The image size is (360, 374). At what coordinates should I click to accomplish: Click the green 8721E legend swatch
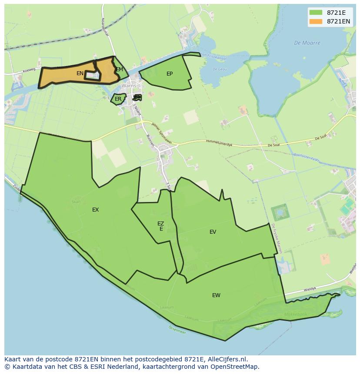click(x=316, y=13)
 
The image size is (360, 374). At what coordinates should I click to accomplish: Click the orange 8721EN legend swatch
click(x=316, y=21)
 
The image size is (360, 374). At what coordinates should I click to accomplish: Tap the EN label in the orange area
click(x=80, y=73)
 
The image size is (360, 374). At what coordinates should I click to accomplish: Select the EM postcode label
click(x=119, y=70)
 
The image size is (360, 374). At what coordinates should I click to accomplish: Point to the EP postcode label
click(x=170, y=74)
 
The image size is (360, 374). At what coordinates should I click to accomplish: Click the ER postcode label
click(x=118, y=99)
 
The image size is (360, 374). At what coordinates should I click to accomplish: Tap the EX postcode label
click(x=96, y=210)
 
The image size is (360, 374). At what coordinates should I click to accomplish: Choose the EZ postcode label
click(x=161, y=224)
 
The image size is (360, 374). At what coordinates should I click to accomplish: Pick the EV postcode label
click(x=213, y=232)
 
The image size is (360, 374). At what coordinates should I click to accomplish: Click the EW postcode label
click(x=216, y=295)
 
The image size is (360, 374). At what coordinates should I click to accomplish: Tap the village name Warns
click(x=129, y=86)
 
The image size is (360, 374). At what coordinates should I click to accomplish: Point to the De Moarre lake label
click(x=307, y=43)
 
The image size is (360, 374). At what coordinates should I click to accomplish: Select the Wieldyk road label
click(x=310, y=288)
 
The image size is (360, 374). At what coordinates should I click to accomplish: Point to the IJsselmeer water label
click(x=177, y=331)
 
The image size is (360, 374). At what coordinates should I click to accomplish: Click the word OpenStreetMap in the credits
click(x=234, y=366)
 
